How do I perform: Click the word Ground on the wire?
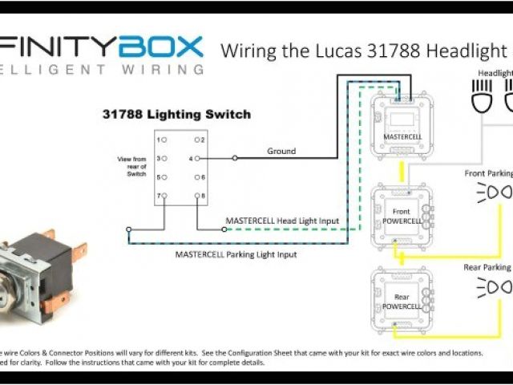pos(281,151)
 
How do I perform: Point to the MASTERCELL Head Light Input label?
pos(282,221)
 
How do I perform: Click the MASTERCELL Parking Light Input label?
pos(236,254)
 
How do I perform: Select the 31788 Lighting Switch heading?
pos(176,115)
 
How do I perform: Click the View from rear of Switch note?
pos(131,168)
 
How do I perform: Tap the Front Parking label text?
pos(487,173)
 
